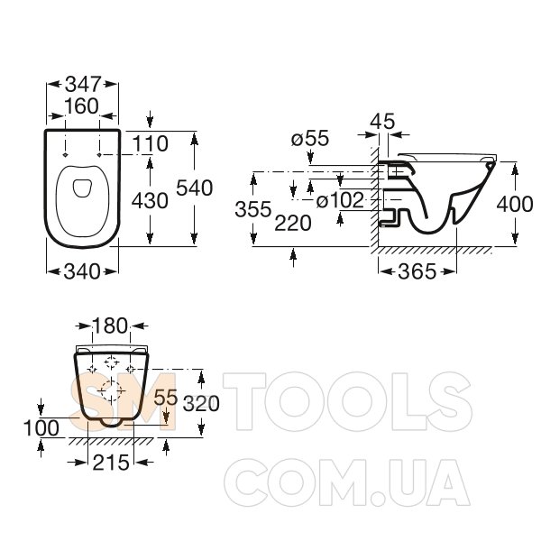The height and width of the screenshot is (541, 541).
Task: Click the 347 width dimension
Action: coord(83,84)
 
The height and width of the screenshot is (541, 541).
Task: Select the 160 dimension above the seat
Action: coord(82,105)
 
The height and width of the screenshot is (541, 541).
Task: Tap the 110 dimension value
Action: coord(150,143)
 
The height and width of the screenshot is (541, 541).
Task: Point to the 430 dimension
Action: coord(150,200)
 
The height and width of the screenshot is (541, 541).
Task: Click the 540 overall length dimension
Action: coord(194,188)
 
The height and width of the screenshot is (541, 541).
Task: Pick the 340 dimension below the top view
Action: coord(82,271)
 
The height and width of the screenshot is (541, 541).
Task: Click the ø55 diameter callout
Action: coord(310,138)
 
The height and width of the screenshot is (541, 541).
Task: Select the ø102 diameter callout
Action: coord(340,200)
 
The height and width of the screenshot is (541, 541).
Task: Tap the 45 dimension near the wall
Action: coord(382,121)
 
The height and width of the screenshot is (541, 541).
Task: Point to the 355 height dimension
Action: coord(253,209)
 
